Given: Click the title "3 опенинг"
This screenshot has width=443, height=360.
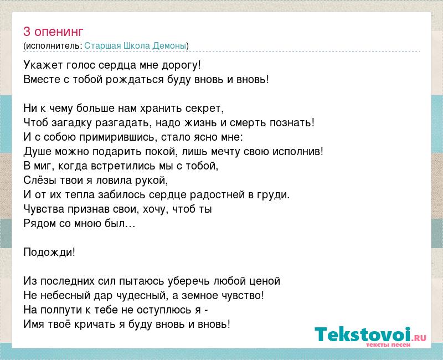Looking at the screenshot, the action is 53,32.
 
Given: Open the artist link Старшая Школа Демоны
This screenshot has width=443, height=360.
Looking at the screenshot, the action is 135,46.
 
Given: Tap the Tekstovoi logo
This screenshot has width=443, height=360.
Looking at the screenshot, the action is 370,335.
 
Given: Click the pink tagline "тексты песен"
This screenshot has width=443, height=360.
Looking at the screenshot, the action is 388,344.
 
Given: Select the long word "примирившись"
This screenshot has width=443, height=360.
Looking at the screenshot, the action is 117,137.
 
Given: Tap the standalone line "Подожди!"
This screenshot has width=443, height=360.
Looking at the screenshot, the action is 49,253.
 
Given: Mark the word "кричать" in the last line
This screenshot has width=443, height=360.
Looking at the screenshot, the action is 95,325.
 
